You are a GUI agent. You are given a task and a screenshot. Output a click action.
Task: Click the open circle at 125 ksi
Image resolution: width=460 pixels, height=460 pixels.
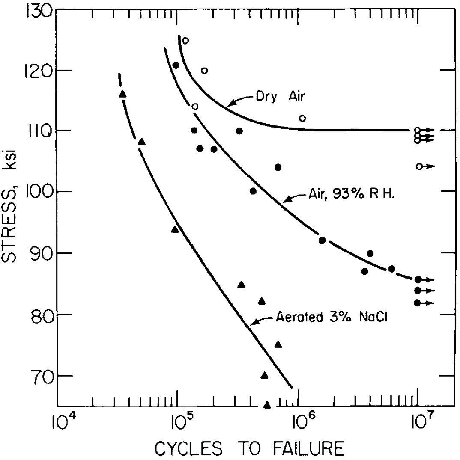tap(185, 41)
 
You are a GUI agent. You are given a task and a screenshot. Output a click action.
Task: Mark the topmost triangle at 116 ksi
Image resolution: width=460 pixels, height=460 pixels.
tap(122, 94)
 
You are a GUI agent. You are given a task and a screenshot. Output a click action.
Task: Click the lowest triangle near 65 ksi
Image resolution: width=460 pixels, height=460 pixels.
tap(267, 405)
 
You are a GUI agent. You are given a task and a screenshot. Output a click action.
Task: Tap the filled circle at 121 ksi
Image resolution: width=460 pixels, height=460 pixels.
tap(176, 65)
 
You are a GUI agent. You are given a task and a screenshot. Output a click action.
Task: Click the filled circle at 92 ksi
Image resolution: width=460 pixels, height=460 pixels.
tap(322, 240)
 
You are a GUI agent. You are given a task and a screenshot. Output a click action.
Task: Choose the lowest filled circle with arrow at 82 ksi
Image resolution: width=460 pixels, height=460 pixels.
tap(418, 303)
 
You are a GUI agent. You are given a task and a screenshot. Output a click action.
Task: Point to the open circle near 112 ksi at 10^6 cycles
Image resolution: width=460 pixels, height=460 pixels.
tap(302, 118)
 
